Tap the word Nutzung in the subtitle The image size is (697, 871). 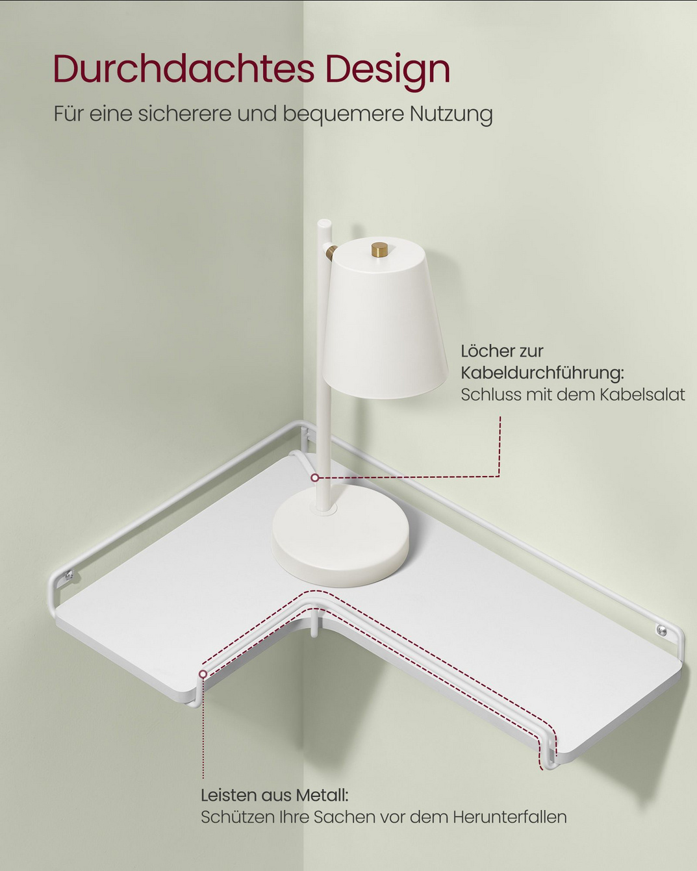(x=451, y=114)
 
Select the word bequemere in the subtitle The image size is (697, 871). (x=343, y=114)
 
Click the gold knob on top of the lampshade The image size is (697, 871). (x=379, y=249)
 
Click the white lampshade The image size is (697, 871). (x=385, y=320)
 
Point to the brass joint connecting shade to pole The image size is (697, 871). (x=331, y=253)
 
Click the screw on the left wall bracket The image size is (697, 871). (x=70, y=574)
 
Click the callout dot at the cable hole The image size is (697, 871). (x=314, y=478)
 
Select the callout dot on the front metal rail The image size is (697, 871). (x=203, y=674)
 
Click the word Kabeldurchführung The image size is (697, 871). (x=542, y=373)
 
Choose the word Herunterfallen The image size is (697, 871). (x=510, y=816)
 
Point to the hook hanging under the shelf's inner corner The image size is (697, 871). (x=314, y=627)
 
